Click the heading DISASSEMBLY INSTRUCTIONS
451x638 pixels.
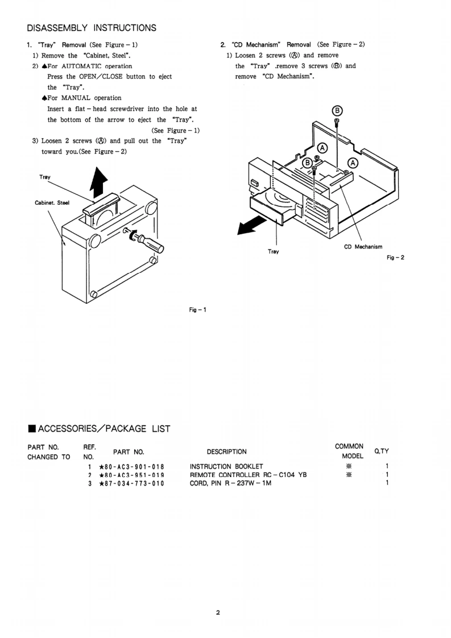[x=92, y=28]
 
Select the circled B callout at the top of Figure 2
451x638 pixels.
[x=337, y=110]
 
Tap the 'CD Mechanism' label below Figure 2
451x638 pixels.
[x=363, y=247]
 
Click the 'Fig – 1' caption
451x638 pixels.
[x=198, y=310]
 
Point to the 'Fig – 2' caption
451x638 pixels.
[x=395, y=258]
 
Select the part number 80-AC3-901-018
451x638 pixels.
[x=131, y=466]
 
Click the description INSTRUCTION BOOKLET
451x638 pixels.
[x=226, y=466]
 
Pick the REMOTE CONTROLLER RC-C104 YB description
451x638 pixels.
[x=248, y=475]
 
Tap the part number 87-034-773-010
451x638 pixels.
[x=131, y=483]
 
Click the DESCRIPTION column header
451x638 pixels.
[x=226, y=452]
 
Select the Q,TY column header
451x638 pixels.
[x=381, y=451]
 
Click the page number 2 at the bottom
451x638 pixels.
[x=218, y=612]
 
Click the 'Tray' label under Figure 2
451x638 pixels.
[x=273, y=251]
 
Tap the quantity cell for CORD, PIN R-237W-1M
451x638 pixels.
[x=387, y=483]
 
